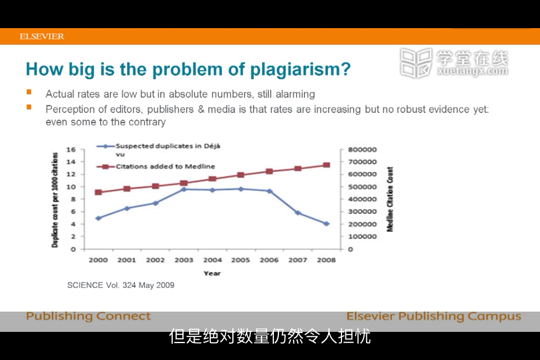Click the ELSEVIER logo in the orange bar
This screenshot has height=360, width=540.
[42, 36]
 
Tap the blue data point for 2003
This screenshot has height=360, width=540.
[183, 189]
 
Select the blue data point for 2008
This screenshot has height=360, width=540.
[326, 223]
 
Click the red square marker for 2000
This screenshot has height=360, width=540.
[98, 192]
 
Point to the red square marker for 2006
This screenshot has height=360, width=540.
[269, 171]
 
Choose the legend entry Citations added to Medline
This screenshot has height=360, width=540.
[156, 166]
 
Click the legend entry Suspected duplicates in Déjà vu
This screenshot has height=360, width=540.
[159, 150]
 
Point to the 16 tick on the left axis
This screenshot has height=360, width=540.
[71, 150]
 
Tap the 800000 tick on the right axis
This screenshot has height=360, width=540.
[362, 150]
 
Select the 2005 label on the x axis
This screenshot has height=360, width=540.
[240, 260]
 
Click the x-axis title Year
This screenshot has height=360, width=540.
[212, 273]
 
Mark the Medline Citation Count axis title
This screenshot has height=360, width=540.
[390, 199]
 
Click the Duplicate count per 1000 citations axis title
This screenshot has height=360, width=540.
[55, 200]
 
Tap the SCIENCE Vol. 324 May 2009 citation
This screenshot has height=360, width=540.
[121, 285]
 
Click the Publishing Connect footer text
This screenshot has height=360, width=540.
[88, 316]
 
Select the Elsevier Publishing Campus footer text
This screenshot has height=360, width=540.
[434, 316]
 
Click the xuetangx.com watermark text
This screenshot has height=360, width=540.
[472, 71]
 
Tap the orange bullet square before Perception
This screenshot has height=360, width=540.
[29, 107]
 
